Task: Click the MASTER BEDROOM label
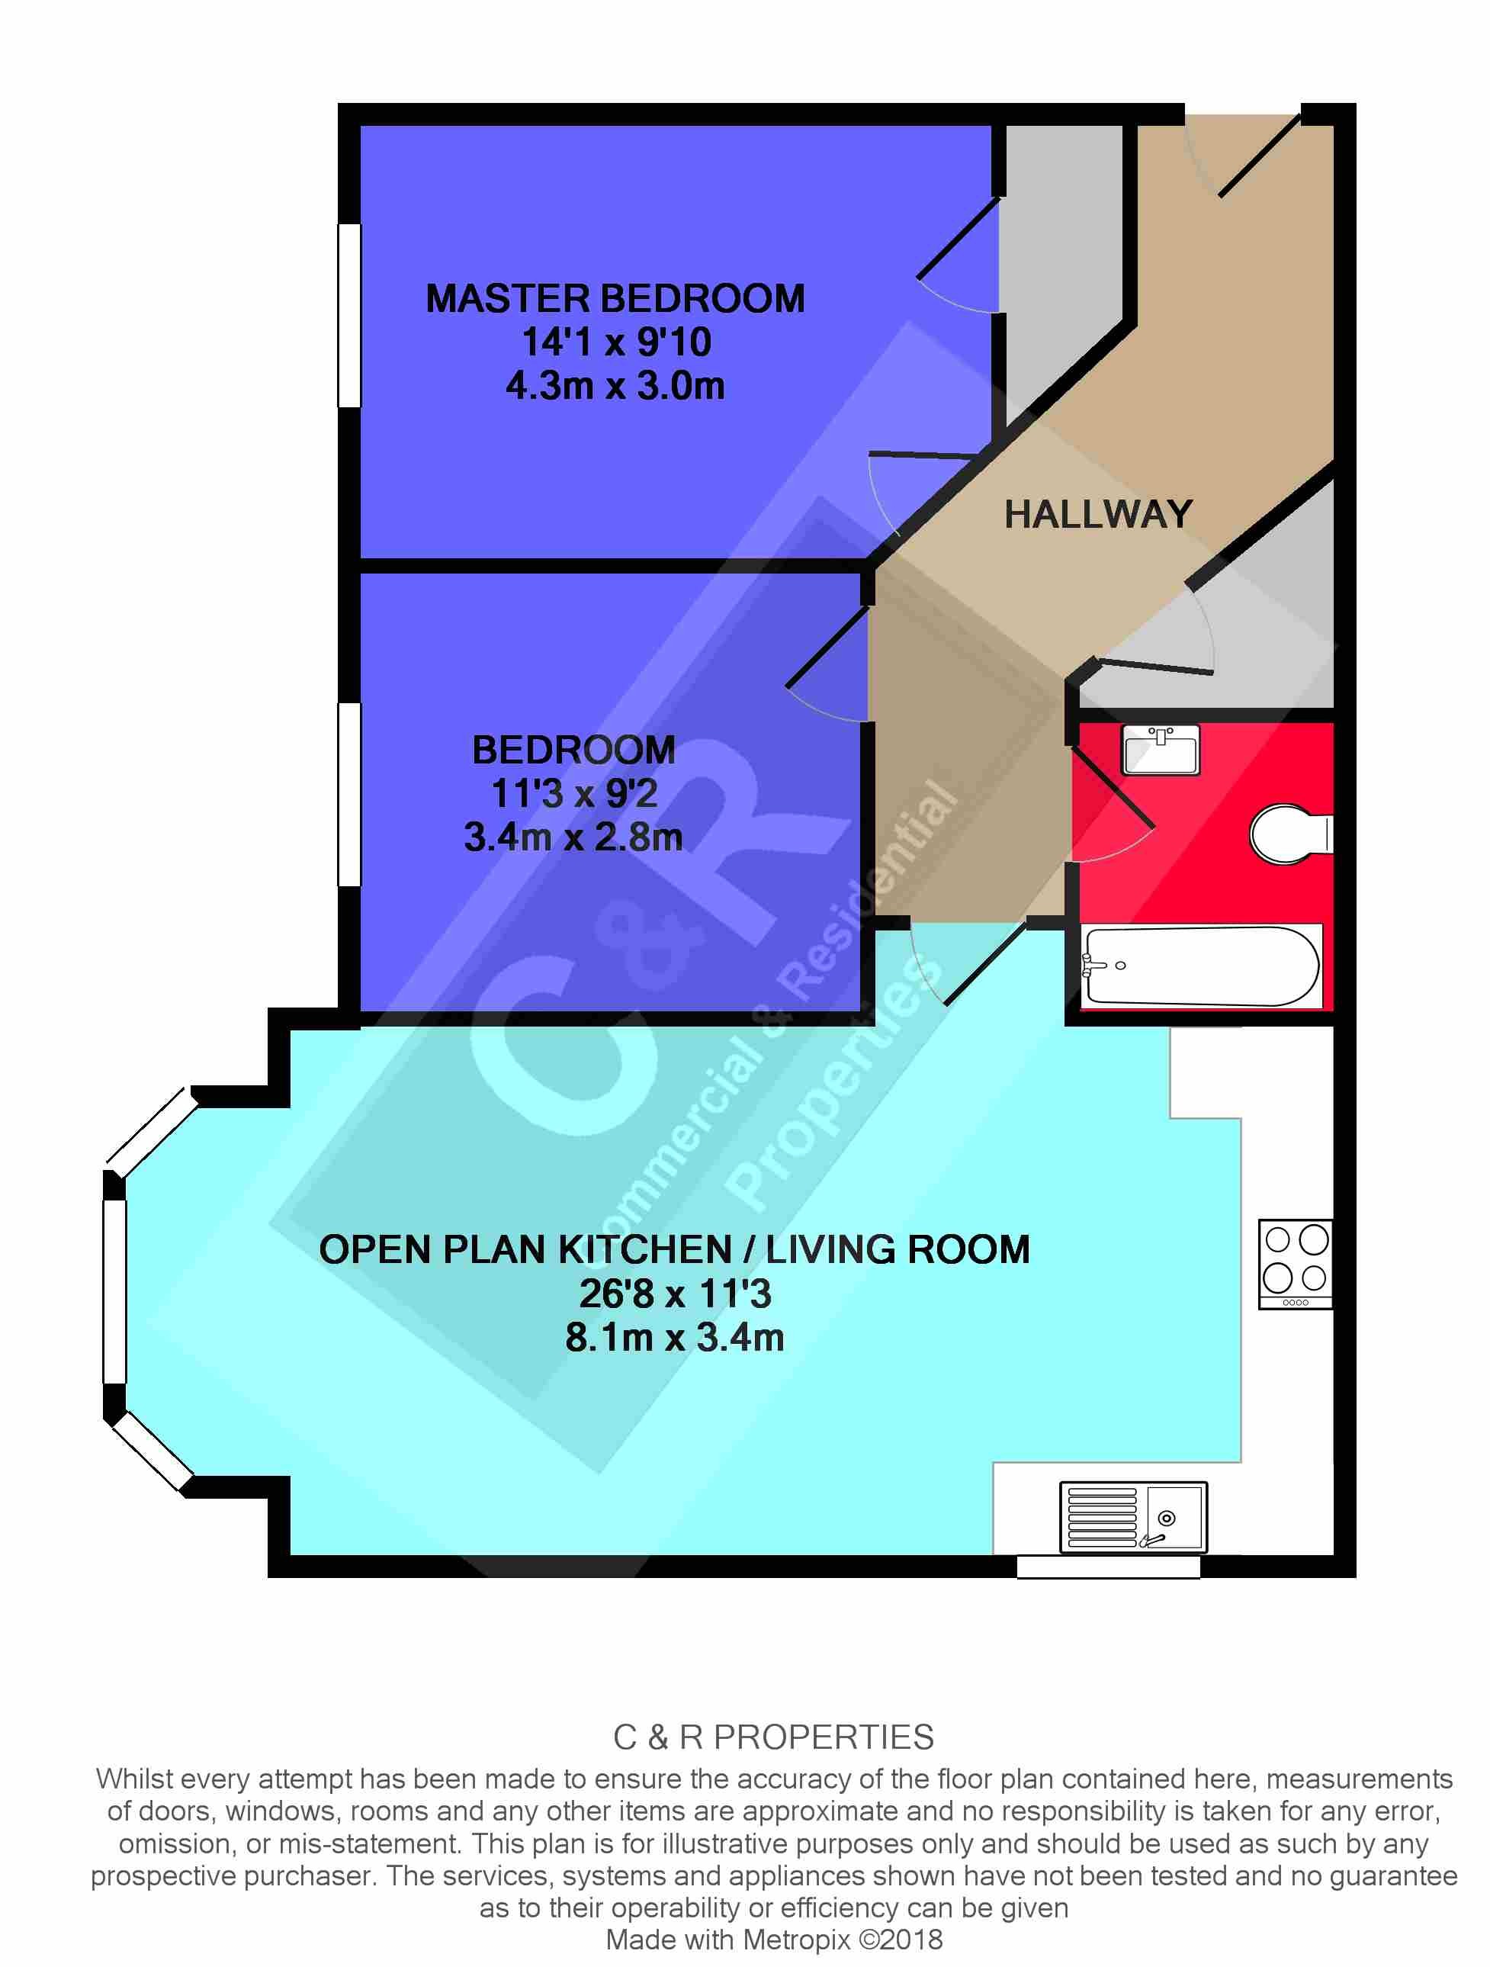615,299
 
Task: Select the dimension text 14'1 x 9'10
615,342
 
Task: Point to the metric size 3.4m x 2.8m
573,837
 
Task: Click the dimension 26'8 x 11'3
675,1294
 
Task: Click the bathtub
1200,966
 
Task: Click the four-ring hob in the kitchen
1296,1263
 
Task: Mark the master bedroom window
349,315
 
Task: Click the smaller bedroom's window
349,794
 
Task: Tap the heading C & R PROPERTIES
773,1737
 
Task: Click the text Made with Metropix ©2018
773,1940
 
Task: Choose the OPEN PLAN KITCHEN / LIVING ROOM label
674,1249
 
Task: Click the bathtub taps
1095,965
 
